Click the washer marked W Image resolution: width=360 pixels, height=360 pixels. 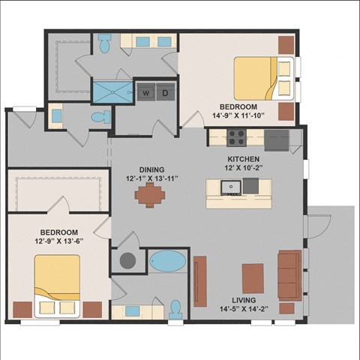(x=146, y=91)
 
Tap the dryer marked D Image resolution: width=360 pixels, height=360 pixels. (x=166, y=91)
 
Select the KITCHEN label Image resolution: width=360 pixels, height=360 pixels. (x=243, y=159)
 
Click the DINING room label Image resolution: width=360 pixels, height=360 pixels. (x=151, y=169)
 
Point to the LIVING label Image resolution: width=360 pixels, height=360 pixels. (x=244, y=300)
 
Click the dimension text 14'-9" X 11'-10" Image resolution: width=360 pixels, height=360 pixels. (x=238, y=115)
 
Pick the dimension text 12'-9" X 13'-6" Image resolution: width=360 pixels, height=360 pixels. (x=59, y=241)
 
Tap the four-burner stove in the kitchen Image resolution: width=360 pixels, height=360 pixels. (x=236, y=138)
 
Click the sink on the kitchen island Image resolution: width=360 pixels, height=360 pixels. (x=231, y=187)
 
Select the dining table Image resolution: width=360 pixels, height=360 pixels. (x=150, y=195)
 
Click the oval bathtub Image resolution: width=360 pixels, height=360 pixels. (x=168, y=261)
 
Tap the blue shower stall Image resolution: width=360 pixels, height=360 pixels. (x=112, y=92)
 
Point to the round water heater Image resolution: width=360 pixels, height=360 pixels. (x=127, y=260)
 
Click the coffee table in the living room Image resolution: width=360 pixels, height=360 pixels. (x=253, y=278)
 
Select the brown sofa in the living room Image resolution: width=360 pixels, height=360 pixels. (x=290, y=275)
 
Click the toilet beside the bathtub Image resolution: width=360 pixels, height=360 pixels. (x=175, y=310)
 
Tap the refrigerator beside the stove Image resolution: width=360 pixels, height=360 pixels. (x=277, y=140)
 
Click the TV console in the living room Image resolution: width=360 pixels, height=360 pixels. (x=200, y=281)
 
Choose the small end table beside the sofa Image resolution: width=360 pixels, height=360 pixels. (x=286, y=308)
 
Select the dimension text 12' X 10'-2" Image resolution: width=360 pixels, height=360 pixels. (x=243, y=168)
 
